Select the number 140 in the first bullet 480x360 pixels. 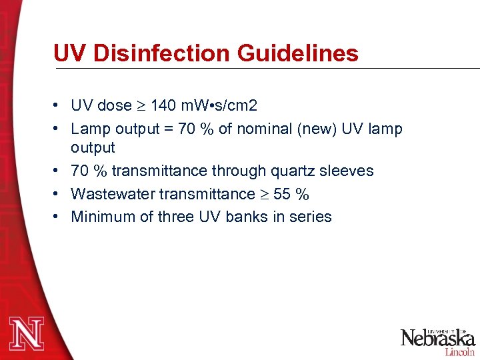click(163, 105)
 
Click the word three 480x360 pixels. click(177, 217)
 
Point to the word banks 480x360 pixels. click(251, 217)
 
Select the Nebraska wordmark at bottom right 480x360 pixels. click(437, 337)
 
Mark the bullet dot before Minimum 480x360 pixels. click(59, 217)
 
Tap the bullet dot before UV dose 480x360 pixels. click(59, 105)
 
